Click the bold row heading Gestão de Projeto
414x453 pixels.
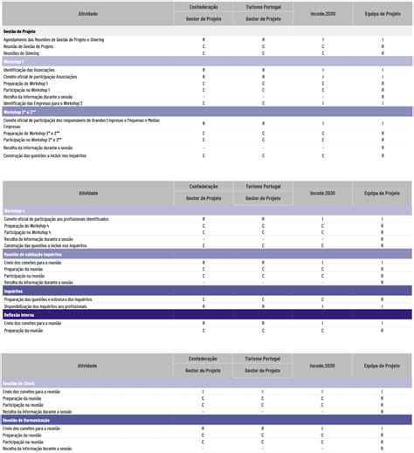pyautogui.click(x=19, y=31)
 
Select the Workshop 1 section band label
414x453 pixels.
pyautogui.click(x=14, y=62)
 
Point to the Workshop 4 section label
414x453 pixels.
pyautogui.click(x=14, y=211)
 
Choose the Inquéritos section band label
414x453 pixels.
pyautogui.click(x=13, y=291)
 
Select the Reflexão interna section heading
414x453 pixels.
pyautogui.click(x=18, y=314)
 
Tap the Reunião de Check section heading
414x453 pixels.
pyautogui.click(x=18, y=383)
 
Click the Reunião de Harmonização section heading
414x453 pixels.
pyautogui.click(x=25, y=420)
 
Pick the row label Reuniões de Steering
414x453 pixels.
pyautogui.click(x=22, y=53)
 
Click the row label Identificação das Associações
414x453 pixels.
pyautogui.click(x=29, y=69)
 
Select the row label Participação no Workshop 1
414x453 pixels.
pyautogui.click(x=27, y=90)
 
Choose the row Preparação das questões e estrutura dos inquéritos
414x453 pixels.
pyautogui.click(x=47, y=299)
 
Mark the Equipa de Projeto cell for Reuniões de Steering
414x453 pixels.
pyautogui.click(x=382, y=53)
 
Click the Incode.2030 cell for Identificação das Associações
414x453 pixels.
pyautogui.click(x=322, y=69)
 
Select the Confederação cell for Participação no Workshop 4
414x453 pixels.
pyautogui.click(x=204, y=232)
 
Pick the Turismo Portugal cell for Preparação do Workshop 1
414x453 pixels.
pyautogui.click(x=263, y=83)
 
